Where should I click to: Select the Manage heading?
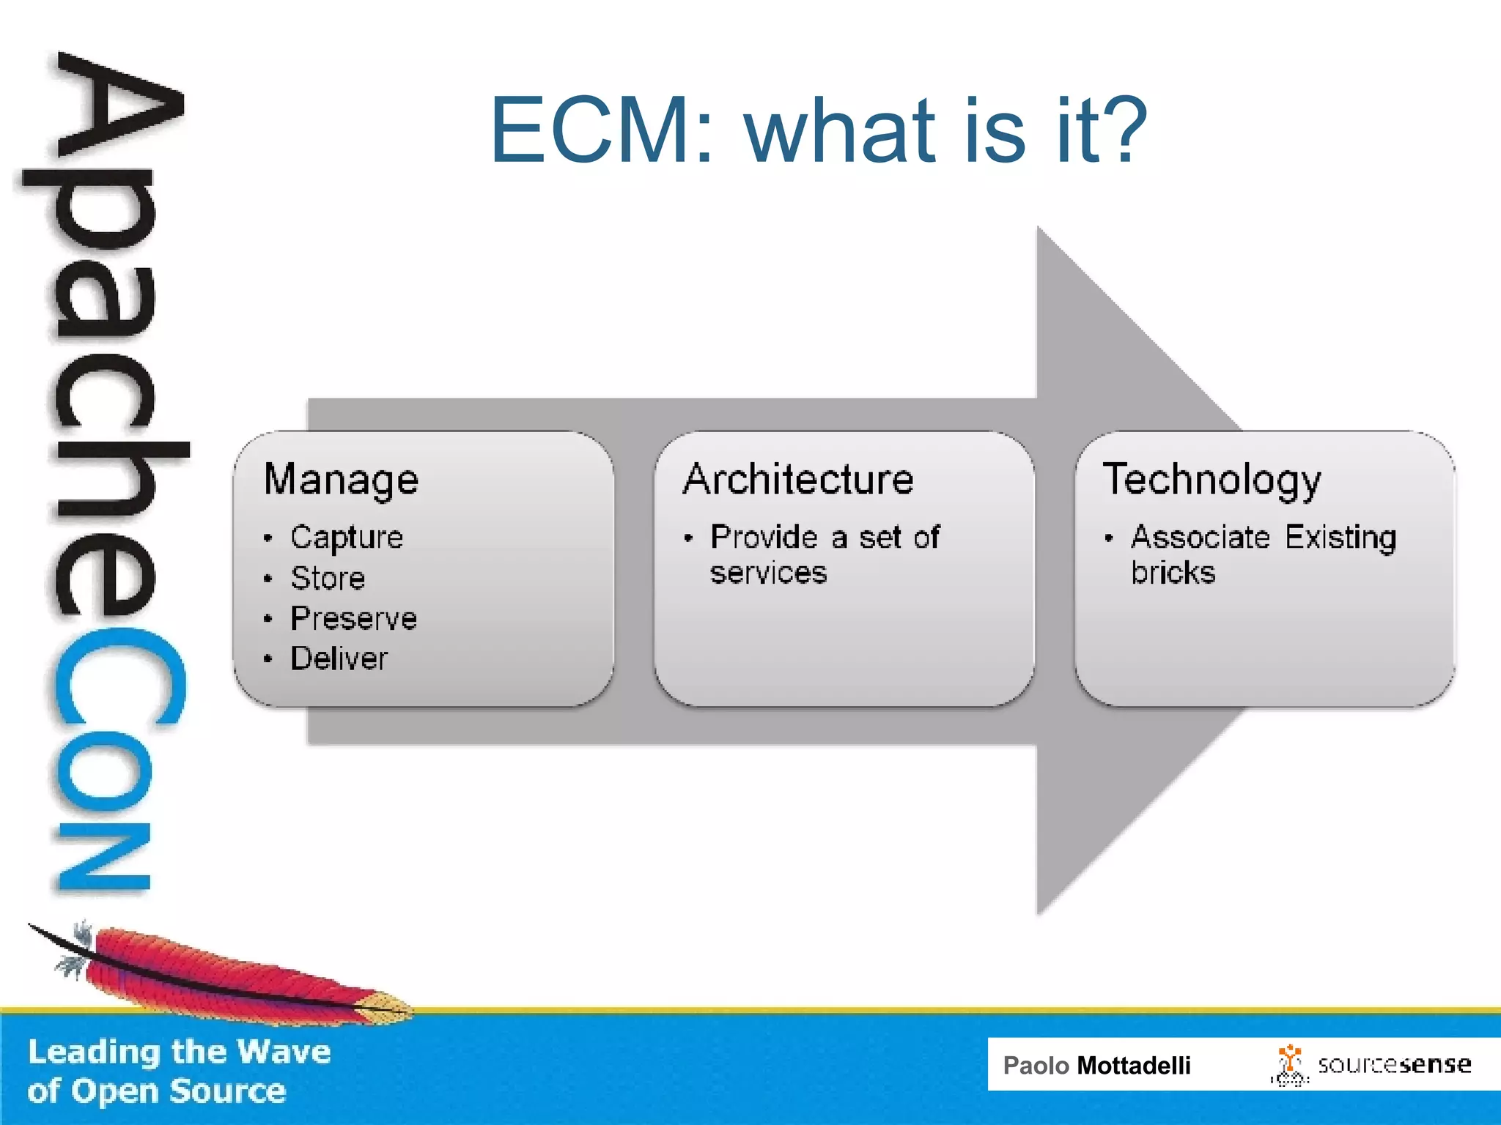341,480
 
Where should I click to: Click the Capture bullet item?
347,538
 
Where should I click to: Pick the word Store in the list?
328,579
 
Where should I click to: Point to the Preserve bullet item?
353,619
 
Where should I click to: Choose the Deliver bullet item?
339,658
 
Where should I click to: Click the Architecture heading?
798,480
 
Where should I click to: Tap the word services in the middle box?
768,573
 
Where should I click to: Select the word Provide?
764,538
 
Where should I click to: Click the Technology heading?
1212,480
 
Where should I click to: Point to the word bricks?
1173,573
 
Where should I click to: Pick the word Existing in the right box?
1340,538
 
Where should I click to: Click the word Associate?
1200,538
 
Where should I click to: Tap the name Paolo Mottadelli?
1096,1066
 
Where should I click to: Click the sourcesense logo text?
1394,1065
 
